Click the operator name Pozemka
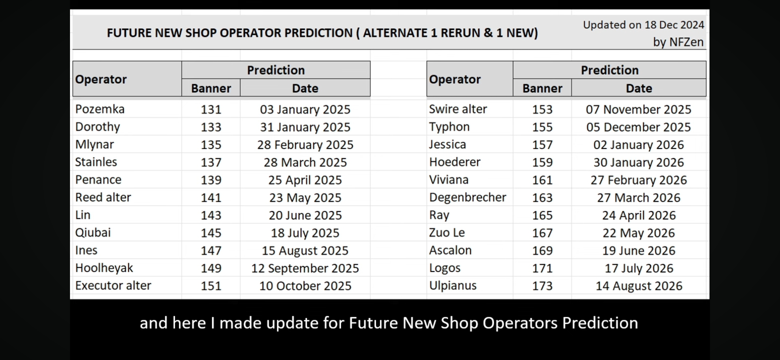click(100, 109)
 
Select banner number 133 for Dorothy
click(211, 127)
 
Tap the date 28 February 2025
click(305, 145)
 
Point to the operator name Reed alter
click(103, 197)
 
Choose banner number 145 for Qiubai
click(211, 233)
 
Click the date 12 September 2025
click(305, 268)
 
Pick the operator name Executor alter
click(113, 286)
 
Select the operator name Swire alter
click(458, 109)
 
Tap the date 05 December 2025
click(639, 127)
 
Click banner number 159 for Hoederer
click(542, 162)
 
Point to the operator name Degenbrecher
click(468, 197)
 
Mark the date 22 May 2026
click(639, 233)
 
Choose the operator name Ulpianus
click(453, 286)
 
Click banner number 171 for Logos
click(542, 268)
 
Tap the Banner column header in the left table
click(211, 88)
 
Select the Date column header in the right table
click(639, 88)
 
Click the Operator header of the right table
click(455, 79)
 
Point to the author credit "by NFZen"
click(678, 42)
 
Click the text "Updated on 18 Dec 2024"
click(644, 25)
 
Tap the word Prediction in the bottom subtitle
click(600, 323)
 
